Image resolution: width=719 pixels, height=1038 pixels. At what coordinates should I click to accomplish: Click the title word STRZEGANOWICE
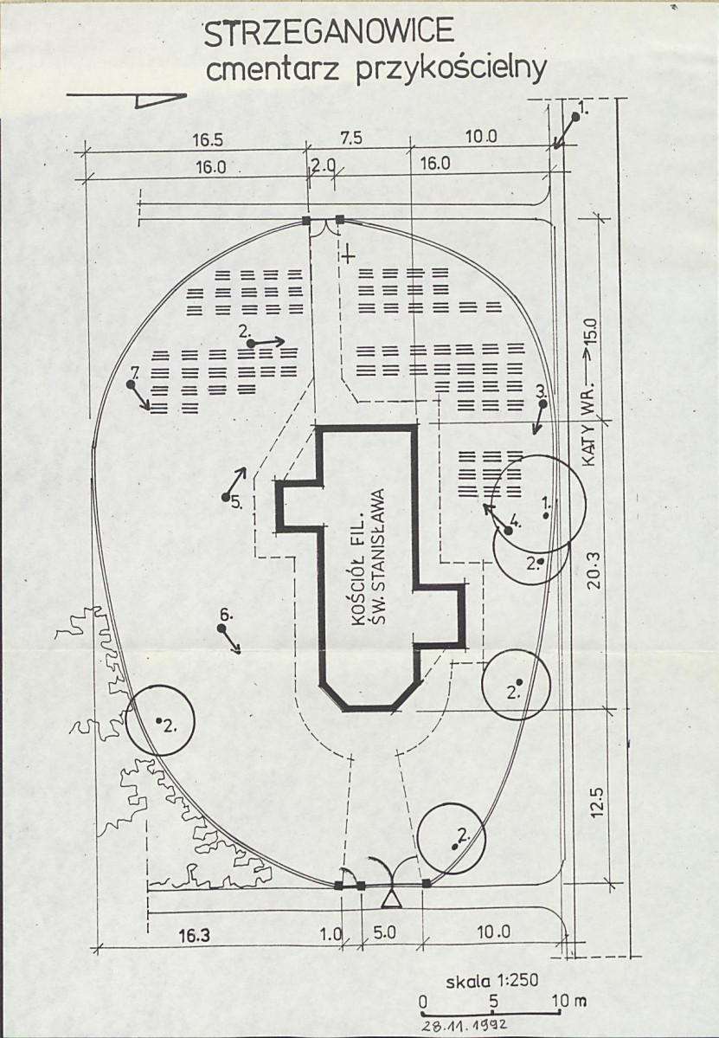click(x=329, y=34)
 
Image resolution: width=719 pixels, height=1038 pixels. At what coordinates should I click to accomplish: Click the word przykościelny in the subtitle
click(x=452, y=70)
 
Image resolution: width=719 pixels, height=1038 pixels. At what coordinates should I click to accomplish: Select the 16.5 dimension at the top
click(x=208, y=139)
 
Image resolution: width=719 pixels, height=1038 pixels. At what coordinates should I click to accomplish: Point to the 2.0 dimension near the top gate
click(x=324, y=166)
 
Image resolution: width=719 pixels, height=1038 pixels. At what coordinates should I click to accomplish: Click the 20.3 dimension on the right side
click(x=594, y=571)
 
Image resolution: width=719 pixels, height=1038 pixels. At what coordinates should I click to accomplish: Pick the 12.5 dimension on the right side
click(x=597, y=802)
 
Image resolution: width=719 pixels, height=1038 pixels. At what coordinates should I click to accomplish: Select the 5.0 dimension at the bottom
click(x=384, y=932)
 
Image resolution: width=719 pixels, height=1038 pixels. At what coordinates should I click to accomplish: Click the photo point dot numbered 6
click(x=221, y=629)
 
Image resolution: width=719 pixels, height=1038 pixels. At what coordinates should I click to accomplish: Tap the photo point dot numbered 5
click(x=226, y=497)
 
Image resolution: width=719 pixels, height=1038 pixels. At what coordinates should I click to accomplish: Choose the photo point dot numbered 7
click(x=131, y=384)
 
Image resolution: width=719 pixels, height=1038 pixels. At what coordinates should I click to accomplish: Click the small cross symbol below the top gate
click(x=349, y=255)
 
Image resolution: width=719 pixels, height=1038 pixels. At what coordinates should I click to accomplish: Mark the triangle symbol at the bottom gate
click(x=392, y=898)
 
